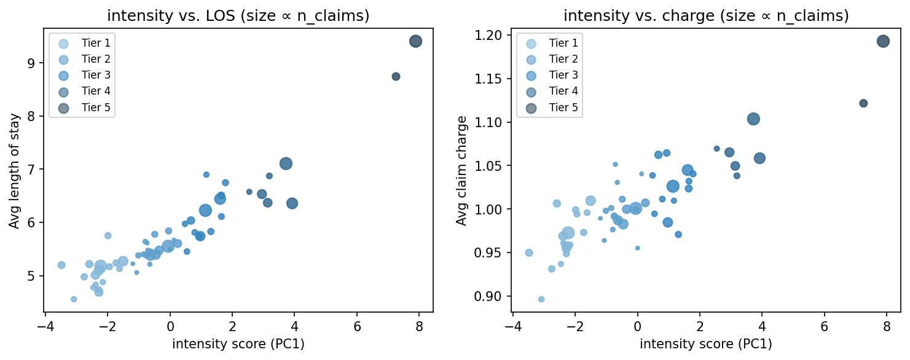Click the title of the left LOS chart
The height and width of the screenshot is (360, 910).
tap(238, 17)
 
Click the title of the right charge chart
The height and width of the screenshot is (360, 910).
tap(706, 17)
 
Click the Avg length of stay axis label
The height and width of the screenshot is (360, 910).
tap(14, 174)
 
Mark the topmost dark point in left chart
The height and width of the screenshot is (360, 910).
tap(415, 41)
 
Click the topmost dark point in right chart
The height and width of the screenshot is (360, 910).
tap(883, 41)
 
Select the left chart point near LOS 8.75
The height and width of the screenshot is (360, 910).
tap(396, 76)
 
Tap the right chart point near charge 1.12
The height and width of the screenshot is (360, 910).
tap(863, 103)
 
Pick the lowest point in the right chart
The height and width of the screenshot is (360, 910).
tap(541, 299)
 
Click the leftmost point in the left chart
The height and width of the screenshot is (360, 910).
tap(61, 265)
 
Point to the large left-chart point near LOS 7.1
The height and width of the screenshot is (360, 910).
tap(286, 163)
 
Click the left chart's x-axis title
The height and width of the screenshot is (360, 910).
tap(238, 344)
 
